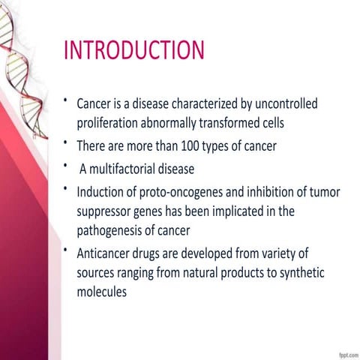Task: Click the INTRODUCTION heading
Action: tap(134, 49)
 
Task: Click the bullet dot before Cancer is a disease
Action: tap(66, 99)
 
